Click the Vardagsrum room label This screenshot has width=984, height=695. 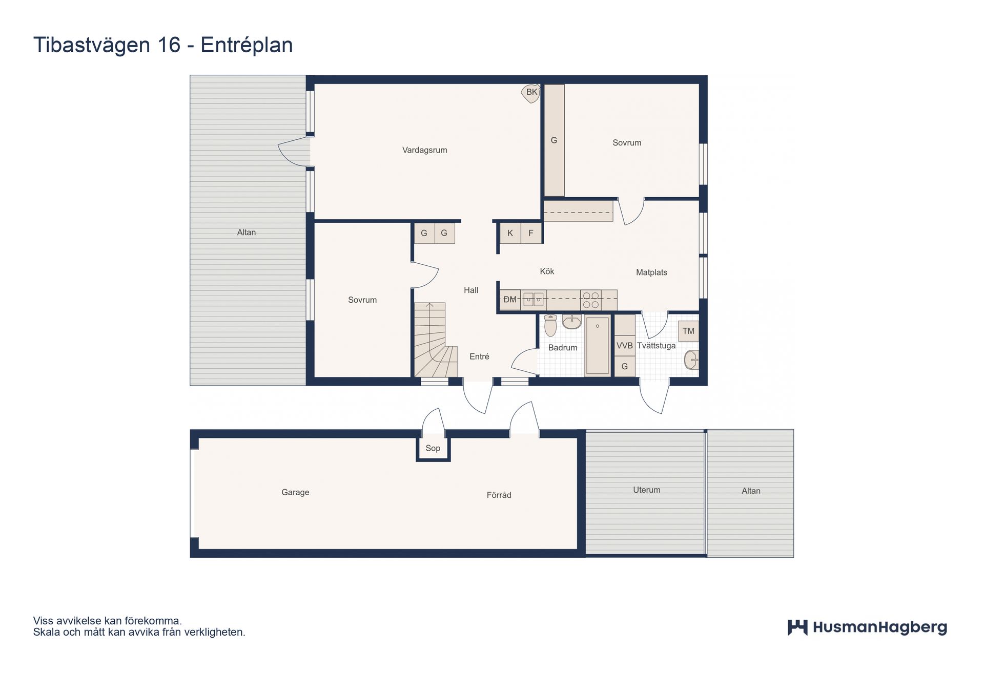coord(424,150)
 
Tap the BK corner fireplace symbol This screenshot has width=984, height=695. coord(531,93)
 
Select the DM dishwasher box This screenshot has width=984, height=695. coord(510,300)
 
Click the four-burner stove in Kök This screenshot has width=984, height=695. coord(590,300)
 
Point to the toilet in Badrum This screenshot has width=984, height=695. coord(550,326)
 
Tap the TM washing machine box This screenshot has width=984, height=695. coord(688,331)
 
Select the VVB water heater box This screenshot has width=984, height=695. coord(625,346)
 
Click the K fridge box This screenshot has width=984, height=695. coord(510,233)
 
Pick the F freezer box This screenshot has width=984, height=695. coord(531,233)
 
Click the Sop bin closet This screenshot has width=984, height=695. coord(433,448)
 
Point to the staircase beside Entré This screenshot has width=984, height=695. coord(435,340)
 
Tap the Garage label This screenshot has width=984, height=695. coord(295,492)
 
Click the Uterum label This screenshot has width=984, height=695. coord(646,490)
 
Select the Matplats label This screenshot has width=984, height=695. coord(651,272)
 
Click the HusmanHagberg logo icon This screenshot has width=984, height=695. coord(797,627)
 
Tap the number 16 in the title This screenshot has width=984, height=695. coord(169,45)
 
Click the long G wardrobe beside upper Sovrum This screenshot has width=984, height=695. coord(554,140)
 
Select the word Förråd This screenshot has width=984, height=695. coord(499,495)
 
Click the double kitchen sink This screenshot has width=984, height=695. coord(534,300)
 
